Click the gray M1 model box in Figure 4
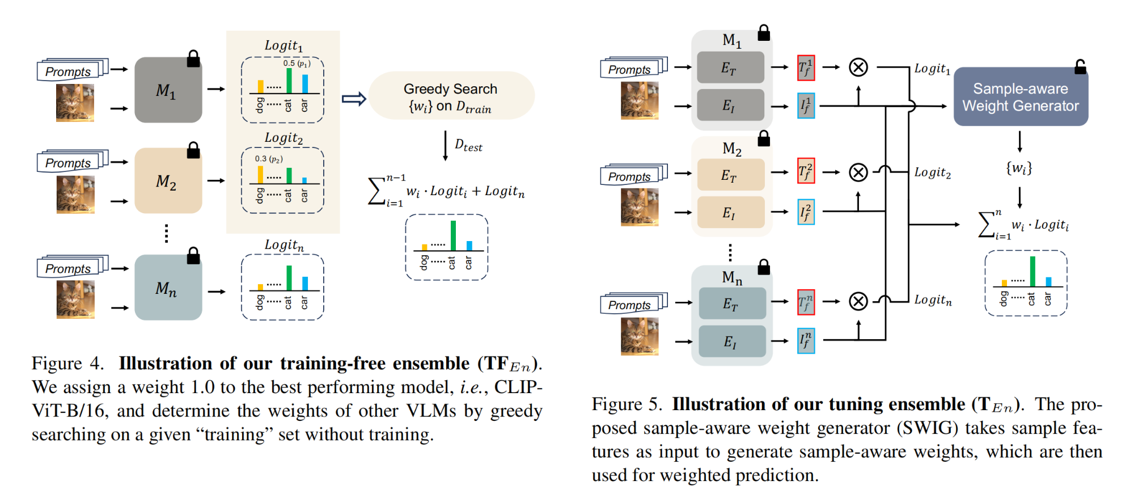coord(168,90)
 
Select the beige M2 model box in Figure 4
coord(168,181)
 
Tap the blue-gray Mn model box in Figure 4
coord(168,288)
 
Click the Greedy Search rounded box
coord(451,96)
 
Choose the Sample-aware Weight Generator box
coord(1020,97)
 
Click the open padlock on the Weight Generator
coord(1080,68)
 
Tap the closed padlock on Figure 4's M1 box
coord(193,59)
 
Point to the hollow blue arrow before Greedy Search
coord(354,99)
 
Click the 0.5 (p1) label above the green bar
coord(297,64)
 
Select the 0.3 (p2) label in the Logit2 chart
coord(269,159)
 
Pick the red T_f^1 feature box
coord(806,68)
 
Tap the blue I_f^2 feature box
coord(806,212)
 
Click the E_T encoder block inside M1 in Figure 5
coord(730,68)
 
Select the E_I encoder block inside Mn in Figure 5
coord(731,341)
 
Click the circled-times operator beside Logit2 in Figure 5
coord(858,172)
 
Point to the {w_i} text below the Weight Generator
coord(1019,168)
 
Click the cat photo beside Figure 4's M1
coord(75,103)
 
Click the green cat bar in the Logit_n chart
coord(289,278)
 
